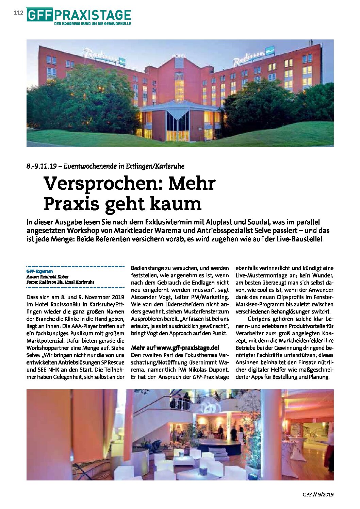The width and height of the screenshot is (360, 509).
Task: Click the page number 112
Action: (x=18, y=13)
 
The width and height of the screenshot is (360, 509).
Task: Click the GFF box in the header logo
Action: (x=39, y=15)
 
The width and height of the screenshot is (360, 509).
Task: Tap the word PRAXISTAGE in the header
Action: (x=92, y=15)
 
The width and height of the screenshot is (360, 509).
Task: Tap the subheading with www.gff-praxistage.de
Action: (x=175, y=348)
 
